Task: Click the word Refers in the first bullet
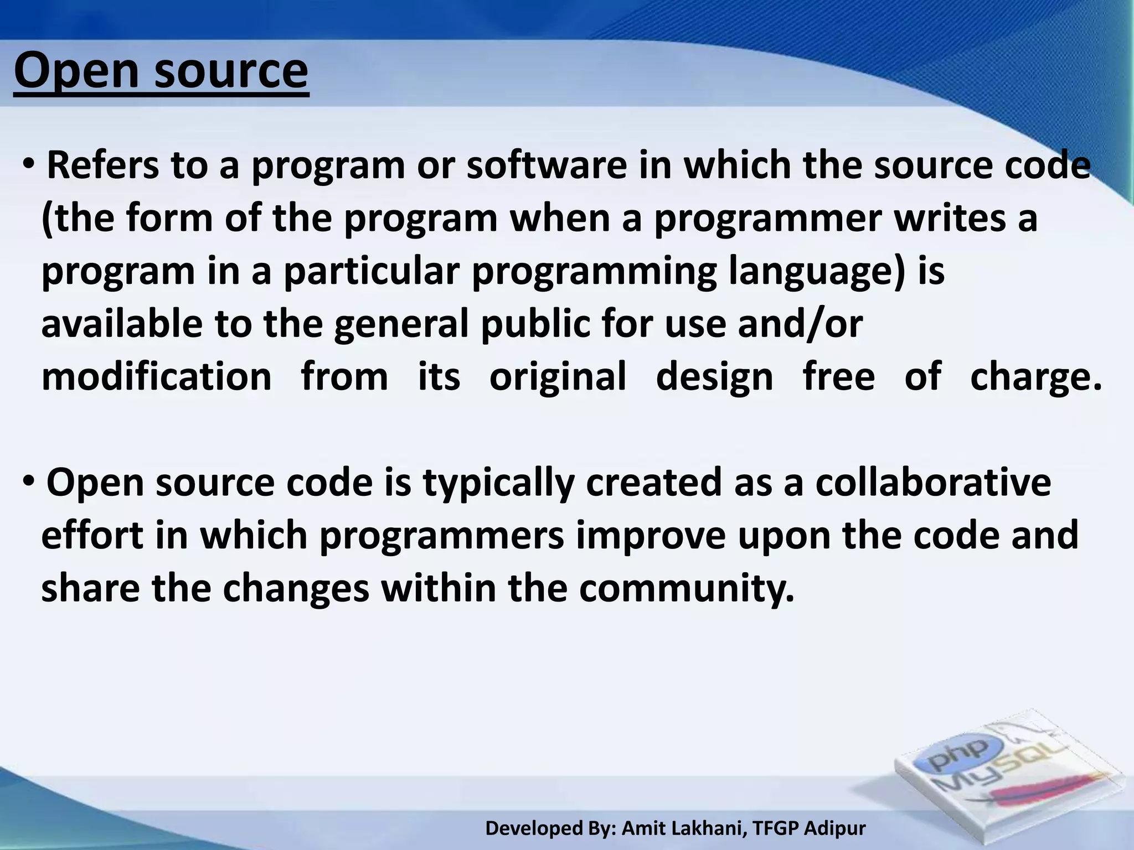tap(103, 166)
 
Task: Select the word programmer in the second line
tap(767, 219)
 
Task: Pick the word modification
tap(157, 376)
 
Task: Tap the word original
tap(558, 376)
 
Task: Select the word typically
tap(499, 483)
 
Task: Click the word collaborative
tap(933, 483)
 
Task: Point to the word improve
tap(651, 536)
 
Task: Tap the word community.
tap(687, 588)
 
